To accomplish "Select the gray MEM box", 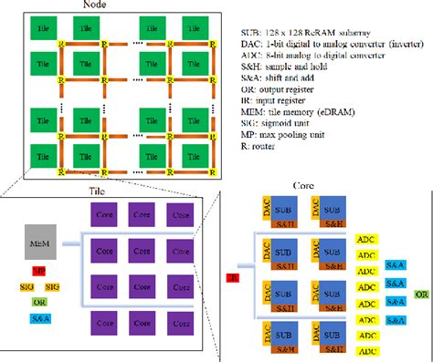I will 39,242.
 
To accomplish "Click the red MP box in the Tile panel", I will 39,272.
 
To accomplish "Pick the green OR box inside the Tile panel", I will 39,302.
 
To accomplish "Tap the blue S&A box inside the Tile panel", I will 39,318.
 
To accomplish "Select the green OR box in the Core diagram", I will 421,295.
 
